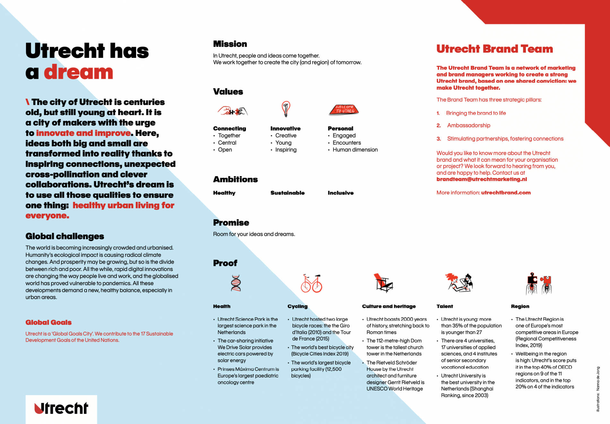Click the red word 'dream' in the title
(79, 72)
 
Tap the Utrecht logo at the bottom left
(61, 408)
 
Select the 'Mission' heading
(230, 44)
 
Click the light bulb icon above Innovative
(286, 109)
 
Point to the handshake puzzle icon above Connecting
(232, 111)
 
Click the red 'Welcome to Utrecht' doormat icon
(344, 110)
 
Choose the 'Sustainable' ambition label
(287, 193)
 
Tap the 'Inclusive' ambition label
(340, 193)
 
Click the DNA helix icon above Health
(236, 283)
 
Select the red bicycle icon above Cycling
(311, 284)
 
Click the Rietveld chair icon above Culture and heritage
(383, 283)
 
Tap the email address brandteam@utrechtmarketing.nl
(482, 179)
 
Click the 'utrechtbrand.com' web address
(506, 193)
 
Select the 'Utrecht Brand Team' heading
(494, 49)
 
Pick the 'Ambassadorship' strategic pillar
(468, 125)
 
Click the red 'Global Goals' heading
(48, 322)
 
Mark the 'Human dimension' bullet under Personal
(355, 150)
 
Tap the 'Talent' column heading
(445, 306)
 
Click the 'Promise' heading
(231, 223)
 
